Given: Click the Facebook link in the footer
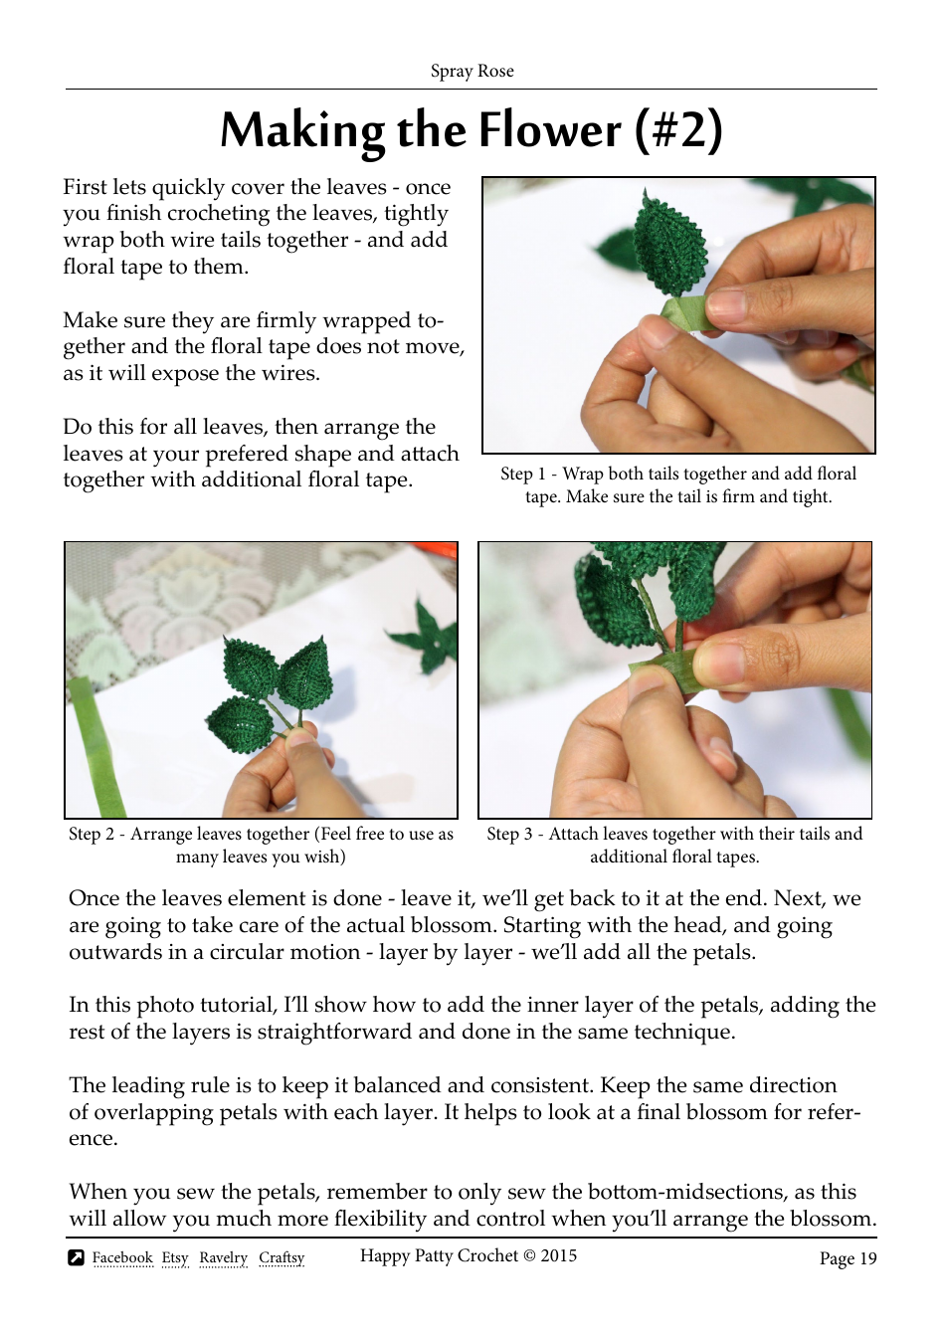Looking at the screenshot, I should [x=122, y=1257].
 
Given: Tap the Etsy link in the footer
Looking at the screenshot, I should [x=175, y=1257].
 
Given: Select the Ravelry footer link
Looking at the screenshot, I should [x=223, y=1257].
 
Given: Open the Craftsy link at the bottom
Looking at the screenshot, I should [x=282, y=1257].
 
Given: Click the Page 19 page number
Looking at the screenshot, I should [x=848, y=1258].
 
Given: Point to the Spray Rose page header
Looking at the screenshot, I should [x=472, y=71].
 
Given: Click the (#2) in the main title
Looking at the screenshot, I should [x=679, y=130].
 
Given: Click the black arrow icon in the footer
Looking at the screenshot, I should [x=77, y=1257].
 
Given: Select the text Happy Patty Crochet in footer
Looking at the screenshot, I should [x=439, y=1255].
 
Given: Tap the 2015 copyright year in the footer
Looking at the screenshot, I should [x=558, y=1255].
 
